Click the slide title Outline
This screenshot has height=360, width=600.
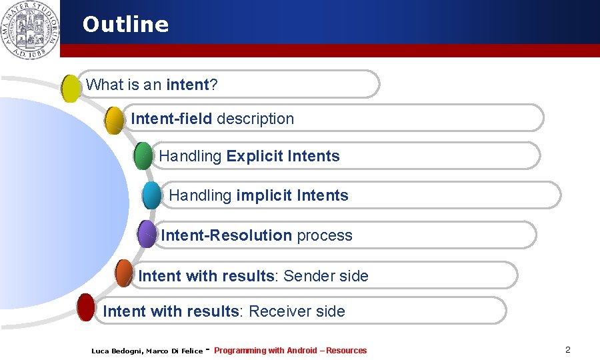(x=125, y=25)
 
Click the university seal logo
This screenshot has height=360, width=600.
(x=29, y=29)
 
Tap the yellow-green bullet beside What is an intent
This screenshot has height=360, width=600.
(x=71, y=88)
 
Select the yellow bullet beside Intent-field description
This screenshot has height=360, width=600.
(x=115, y=120)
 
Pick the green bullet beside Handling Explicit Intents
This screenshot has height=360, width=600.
(x=143, y=155)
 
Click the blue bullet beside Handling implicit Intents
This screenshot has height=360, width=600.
(x=152, y=195)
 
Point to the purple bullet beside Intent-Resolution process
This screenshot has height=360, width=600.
(x=147, y=234)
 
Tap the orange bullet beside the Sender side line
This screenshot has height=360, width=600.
(x=124, y=273)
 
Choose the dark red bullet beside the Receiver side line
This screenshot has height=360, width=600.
(x=86, y=307)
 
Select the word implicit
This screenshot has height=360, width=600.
(x=264, y=195)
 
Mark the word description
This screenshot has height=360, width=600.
(x=255, y=119)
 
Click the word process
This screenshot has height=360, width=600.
(x=324, y=235)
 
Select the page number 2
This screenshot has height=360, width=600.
(x=567, y=349)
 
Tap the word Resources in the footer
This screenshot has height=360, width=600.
(x=346, y=351)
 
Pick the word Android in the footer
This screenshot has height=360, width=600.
(x=301, y=351)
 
